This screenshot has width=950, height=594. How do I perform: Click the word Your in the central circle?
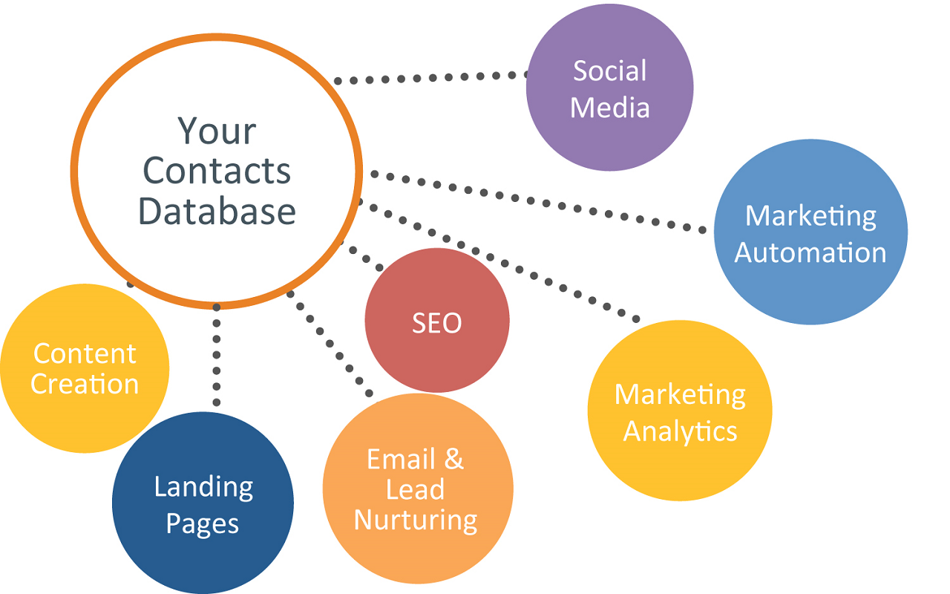click(217, 131)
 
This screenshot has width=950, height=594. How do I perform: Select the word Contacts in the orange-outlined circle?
click(217, 171)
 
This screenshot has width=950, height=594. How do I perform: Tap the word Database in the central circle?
click(217, 211)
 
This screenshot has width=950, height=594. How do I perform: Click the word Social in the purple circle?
click(609, 71)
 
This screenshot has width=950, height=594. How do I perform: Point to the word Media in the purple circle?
click(609, 108)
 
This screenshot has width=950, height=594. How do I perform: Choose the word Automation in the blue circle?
click(810, 252)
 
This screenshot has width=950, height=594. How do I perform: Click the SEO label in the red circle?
click(437, 323)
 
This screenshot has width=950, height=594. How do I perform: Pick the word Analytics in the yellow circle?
click(680, 432)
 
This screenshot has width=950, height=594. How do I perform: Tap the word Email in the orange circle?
click(401, 459)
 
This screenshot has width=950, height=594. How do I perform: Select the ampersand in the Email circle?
click(453, 459)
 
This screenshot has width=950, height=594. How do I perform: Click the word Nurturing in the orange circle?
click(416, 520)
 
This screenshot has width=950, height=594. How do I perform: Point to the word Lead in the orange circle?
click(415, 489)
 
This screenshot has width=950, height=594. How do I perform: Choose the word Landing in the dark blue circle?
click(203, 488)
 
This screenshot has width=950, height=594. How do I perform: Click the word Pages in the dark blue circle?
click(203, 524)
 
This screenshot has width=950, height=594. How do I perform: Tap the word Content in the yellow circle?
click(85, 353)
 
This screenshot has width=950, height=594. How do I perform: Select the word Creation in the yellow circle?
click(85, 384)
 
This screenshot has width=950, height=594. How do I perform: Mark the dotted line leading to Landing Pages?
click(216, 355)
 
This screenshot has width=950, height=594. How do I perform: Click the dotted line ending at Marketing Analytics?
click(497, 260)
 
